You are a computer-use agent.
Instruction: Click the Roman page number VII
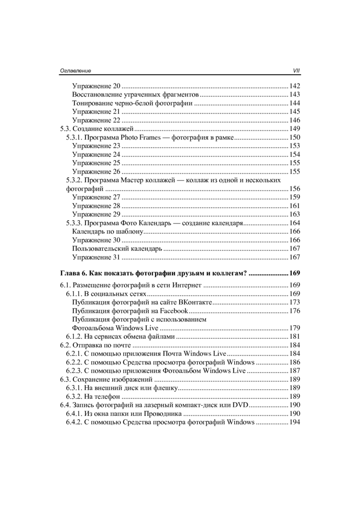click(x=296, y=71)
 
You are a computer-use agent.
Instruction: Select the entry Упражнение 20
click(x=96, y=86)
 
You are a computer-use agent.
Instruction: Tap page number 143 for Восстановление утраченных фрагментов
click(x=295, y=95)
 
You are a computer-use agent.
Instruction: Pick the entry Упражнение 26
click(x=96, y=172)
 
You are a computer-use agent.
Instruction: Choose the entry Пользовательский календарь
click(x=118, y=249)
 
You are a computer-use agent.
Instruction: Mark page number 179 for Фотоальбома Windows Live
click(x=295, y=328)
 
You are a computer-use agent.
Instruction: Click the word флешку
click(x=166, y=388)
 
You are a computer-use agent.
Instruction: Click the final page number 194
click(x=295, y=422)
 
